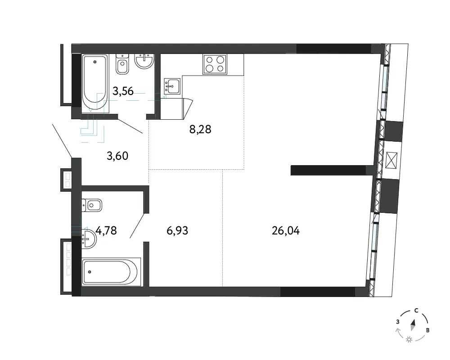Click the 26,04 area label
tap(286, 230)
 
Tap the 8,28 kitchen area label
tap(200, 130)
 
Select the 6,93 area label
tap(177, 230)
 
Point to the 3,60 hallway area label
tap(117, 156)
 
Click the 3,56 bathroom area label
tap(123, 91)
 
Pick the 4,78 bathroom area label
tap(106, 230)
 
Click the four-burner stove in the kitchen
tap(215, 64)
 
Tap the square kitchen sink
tap(172, 86)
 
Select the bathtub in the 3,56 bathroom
tap(95, 83)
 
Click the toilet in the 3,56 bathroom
tap(122, 65)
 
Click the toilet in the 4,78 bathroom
tap(92, 205)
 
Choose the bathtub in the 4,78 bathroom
tap(111, 272)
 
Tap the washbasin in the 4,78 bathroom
tap(89, 239)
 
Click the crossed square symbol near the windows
tap(391, 161)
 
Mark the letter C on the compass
tap(416, 310)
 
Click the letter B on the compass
tap(427, 330)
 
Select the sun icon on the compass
tap(409, 340)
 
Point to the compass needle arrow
tap(413, 325)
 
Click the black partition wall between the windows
tap(328, 170)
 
